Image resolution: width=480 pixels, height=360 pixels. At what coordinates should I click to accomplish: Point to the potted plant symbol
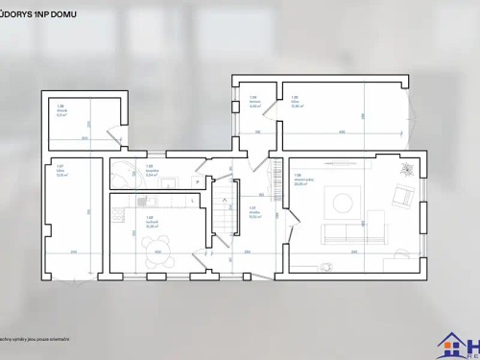tap(407, 169)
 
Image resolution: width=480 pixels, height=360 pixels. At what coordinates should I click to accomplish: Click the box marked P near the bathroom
tap(197, 180)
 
